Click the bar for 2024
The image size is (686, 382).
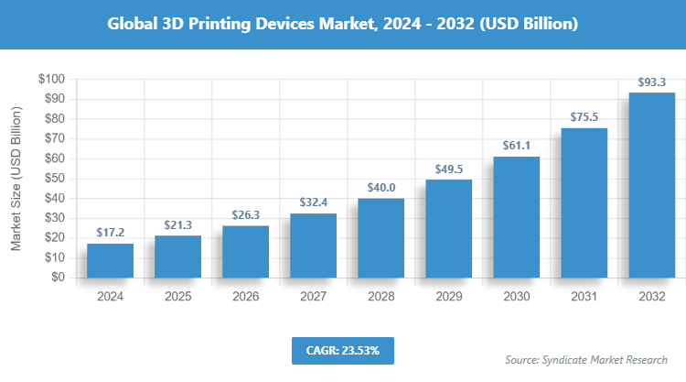(110, 260)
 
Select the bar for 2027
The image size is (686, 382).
(313, 246)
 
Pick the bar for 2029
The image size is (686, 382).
(448, 228)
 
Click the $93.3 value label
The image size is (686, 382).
(651, 83)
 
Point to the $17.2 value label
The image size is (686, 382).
(110, 235)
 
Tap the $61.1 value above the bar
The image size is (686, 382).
(516, 147)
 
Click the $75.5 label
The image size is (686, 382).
(584, 118)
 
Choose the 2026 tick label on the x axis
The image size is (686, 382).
(245, 297)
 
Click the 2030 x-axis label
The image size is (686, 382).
(516, 297)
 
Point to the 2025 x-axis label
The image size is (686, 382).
(177, 297)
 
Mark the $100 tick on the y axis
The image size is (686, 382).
(50, 80)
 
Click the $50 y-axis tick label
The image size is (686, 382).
(53, 179)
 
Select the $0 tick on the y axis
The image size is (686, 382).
(57, 278)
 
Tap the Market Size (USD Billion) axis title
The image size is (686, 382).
(16, 178)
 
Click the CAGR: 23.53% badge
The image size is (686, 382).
(342, 350)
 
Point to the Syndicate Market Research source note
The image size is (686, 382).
(586, 359)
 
